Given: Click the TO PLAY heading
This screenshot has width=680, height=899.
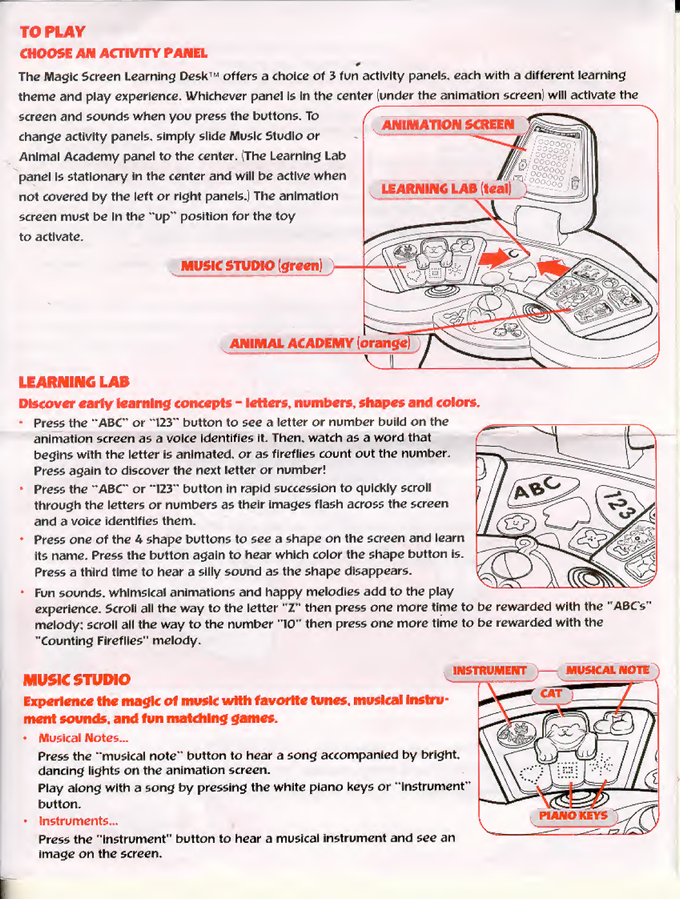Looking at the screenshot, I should click(53, 32).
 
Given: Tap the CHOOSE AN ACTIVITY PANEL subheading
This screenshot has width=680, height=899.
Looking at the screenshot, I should click(113, 53).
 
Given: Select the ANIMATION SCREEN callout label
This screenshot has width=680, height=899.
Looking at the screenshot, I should click(448, 124).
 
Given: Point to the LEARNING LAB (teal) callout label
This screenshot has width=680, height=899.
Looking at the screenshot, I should click(446, 189).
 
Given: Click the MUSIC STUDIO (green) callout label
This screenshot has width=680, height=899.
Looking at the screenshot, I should click(251, 266).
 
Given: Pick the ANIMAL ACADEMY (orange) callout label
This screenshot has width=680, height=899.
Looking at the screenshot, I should click(319, 343).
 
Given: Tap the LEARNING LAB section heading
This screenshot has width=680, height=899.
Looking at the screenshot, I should click(74, 382).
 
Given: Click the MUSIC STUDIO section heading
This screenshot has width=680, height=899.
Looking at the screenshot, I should click(77, 680).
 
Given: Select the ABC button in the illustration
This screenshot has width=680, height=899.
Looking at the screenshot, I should click(537, 488).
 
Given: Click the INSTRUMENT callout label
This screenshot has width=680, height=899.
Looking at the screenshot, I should click(489, 671).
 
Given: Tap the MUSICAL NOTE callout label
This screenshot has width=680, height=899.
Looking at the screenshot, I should click(607, 670).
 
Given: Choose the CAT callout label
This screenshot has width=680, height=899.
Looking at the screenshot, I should click(551, 693).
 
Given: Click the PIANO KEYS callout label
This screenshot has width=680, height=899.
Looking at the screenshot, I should click(573, 816).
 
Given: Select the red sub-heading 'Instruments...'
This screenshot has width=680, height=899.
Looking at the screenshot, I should click(78, 821).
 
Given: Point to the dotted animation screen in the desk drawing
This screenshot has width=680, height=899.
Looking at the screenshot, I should click(549, 161).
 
